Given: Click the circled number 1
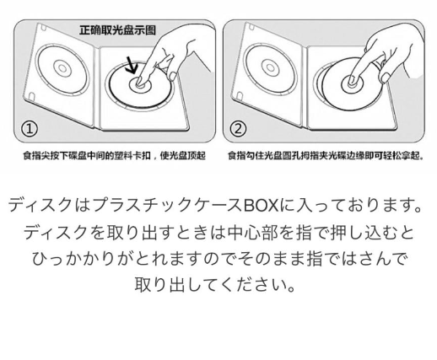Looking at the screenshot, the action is click(30, 129).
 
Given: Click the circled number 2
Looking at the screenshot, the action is click(238, 129).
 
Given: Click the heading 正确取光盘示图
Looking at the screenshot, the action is click(117, 30).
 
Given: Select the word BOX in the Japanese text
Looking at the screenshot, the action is click(261, 206).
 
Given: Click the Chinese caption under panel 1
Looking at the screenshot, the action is click(115, 155).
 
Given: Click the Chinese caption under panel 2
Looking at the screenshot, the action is click(326, 155).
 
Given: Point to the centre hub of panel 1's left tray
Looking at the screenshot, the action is click(62, 68).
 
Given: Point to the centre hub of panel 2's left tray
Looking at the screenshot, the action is click(270, 67).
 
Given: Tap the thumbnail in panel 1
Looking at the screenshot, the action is click(173, 76).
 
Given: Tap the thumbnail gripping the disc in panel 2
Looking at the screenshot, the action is click(385, 78).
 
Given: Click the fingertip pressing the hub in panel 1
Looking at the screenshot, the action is click(140, 82).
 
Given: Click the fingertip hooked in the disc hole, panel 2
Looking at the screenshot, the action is click(352, 81).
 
